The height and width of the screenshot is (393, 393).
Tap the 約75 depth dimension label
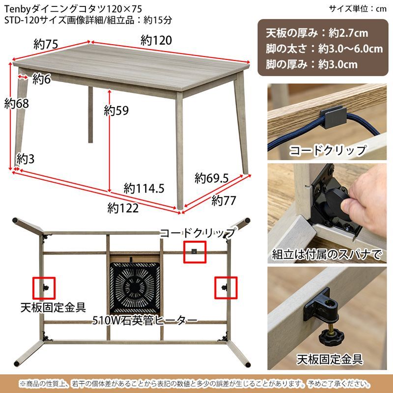(47, 44)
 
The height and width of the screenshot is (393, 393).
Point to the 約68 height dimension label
(16, 104)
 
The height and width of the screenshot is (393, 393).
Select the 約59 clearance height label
(116, 111)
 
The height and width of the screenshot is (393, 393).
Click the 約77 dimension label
(224, 200)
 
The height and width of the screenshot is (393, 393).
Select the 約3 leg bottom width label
(25, 159)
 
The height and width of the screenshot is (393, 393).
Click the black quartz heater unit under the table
(135, 287)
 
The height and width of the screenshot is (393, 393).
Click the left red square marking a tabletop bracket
(44, 288)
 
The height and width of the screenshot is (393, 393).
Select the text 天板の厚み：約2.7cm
(316, 33)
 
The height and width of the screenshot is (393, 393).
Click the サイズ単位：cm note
(358, 8)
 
